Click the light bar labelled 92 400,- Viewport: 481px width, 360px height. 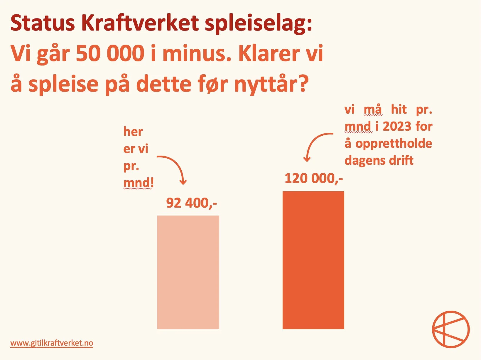188,272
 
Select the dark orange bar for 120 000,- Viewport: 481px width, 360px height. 313,260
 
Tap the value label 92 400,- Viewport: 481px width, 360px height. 191,203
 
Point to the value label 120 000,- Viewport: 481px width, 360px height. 313,178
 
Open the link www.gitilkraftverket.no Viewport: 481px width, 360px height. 52,343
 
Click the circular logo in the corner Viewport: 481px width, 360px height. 450,329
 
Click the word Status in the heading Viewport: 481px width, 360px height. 43,23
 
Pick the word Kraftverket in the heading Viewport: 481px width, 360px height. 140,23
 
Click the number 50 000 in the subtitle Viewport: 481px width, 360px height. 110,54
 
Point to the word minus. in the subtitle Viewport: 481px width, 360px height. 196,54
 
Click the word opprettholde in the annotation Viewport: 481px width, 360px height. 394,144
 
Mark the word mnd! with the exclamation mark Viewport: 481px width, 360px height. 139,183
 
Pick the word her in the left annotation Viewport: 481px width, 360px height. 133,132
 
